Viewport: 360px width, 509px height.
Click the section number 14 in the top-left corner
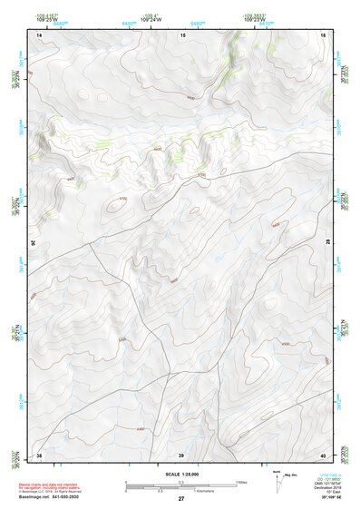point(39,34)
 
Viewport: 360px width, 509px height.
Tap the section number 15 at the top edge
point(182,34)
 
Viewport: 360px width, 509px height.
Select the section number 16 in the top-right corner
point(323,34)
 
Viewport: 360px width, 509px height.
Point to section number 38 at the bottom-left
point(39,454)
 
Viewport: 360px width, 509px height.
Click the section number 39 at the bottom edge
point(181,454)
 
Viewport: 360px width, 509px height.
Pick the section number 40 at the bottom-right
point(323,454)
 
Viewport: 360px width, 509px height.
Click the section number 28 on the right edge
point(326,243)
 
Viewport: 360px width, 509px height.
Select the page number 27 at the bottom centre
point(180,499)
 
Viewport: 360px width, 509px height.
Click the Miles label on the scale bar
point(242,482)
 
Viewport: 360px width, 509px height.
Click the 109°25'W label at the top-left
point(45,19)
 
